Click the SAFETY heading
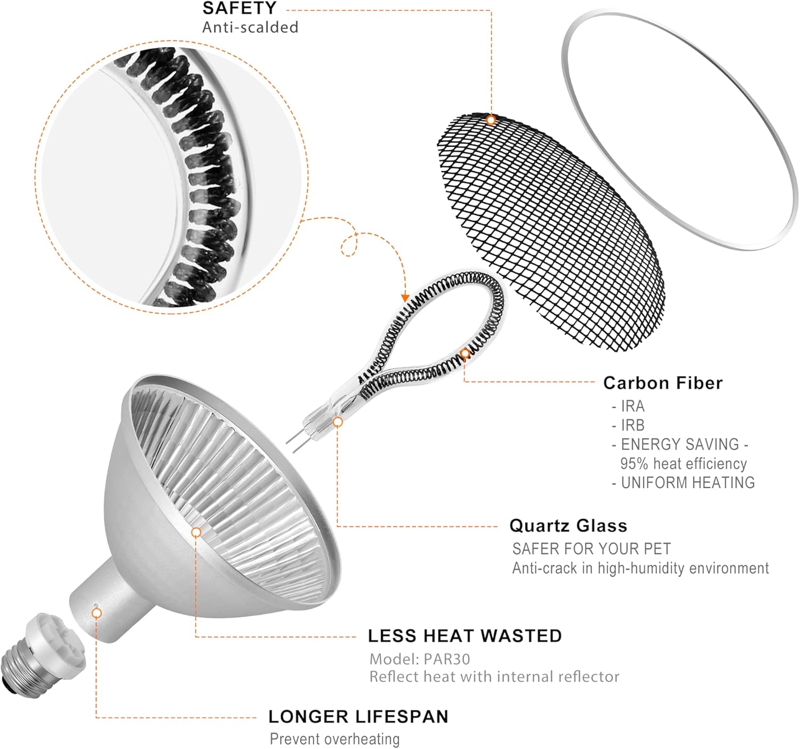(239, 8)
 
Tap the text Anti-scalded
(250, 27)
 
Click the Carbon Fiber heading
(662, 383)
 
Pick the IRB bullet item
(628, 425)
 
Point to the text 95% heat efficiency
(683, 464)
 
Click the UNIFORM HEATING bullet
(683, 483)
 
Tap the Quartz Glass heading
(569, 526)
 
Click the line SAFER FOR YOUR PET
(591, 548)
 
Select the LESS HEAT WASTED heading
(465, 636)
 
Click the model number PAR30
(447, 659)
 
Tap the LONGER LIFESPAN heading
(358, 716)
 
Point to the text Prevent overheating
(335, 739)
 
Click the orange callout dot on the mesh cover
(491, 119)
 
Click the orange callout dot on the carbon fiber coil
(465, 354)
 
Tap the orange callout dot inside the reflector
(196, 532)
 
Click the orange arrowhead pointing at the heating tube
(405, 298)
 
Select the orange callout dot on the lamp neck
(97, 613)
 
